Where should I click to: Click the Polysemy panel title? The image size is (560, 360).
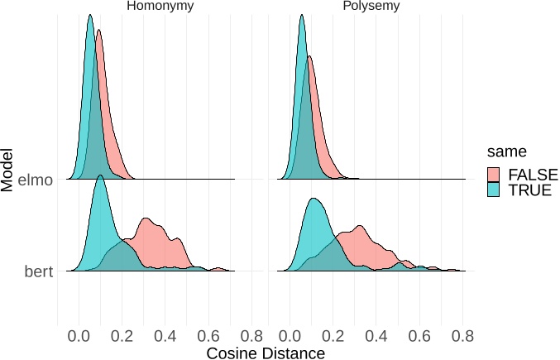click(371, 7)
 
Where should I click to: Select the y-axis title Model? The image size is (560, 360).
click(8, 169)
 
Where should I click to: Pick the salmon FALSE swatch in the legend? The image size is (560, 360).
click(494, 174)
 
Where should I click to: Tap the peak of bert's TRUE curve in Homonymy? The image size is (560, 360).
click(100, 175)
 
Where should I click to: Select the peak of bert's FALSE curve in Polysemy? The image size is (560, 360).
click(359, 225)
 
